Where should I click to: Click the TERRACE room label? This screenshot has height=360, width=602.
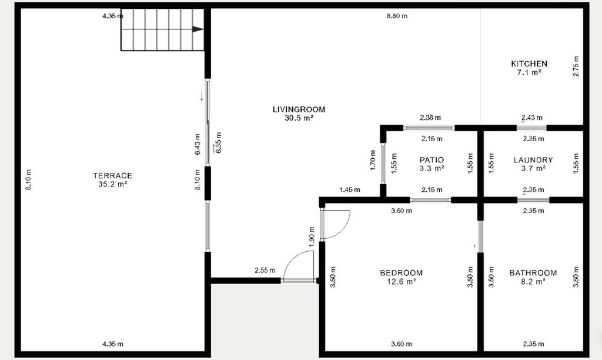click(x=112, y=175)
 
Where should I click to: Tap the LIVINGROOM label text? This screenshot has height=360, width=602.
click(x=299, y=109)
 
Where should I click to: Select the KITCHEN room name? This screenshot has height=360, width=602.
click(x=529, y=64)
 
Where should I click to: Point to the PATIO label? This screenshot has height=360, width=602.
click(x=432, y=160)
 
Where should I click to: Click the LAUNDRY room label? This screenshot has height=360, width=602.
click(x=533, y=160)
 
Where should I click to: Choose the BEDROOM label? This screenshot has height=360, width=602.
click(x=401, y=273)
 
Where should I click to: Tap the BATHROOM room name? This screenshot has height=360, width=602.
click(x=533, y=273)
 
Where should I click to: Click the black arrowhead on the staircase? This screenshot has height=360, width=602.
click(x=198, y=29)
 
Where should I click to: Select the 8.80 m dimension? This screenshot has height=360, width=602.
click(x=397, y=16)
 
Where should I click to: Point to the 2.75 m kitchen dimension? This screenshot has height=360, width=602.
click(x=576, y=66)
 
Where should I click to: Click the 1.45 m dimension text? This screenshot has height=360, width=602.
click(x=350, y=189)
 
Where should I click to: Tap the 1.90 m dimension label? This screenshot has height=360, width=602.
click(x=312, y=236)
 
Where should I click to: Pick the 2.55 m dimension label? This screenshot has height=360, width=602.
click(x=265, y=270)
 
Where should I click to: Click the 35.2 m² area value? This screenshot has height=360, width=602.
click(x=112, y=184)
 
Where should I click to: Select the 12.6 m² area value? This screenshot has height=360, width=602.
click(x=401, y=282)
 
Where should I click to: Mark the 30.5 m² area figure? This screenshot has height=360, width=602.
click(x=299, y=118)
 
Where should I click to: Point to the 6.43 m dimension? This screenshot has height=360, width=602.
click(x=198, y=144)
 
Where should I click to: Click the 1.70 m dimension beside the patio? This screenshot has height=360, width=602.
click(x=373, y=160)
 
